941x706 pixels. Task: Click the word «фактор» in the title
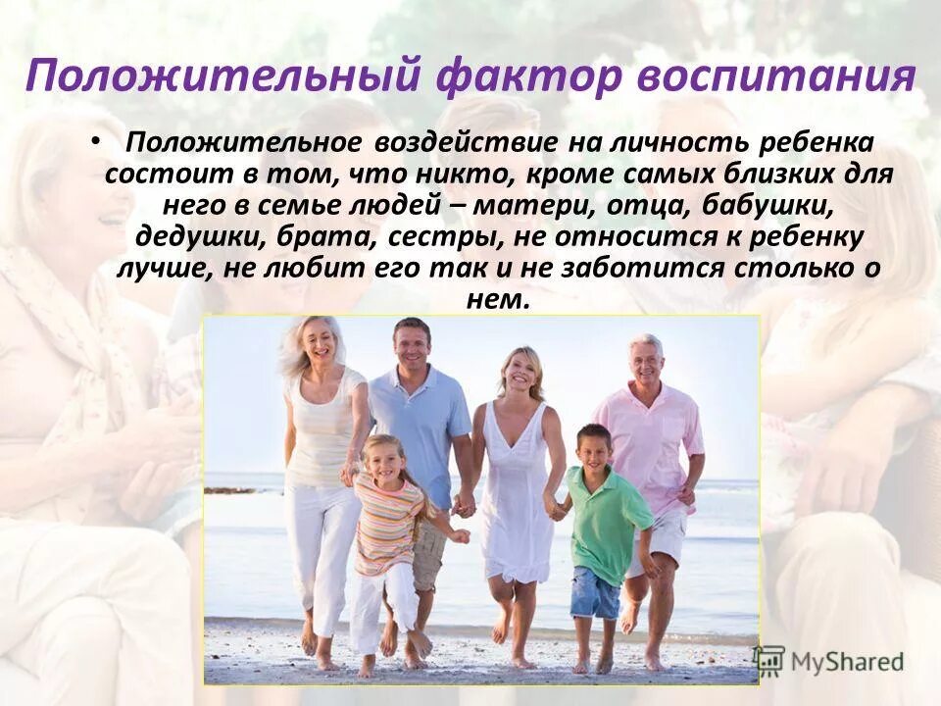point(527,76)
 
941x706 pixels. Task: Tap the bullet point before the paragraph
point(94,140)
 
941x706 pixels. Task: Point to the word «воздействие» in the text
point(465,143)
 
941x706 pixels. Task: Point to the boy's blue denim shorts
point(595,591)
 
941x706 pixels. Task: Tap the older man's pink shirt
point(649,441)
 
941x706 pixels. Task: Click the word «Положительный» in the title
point(223,76)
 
